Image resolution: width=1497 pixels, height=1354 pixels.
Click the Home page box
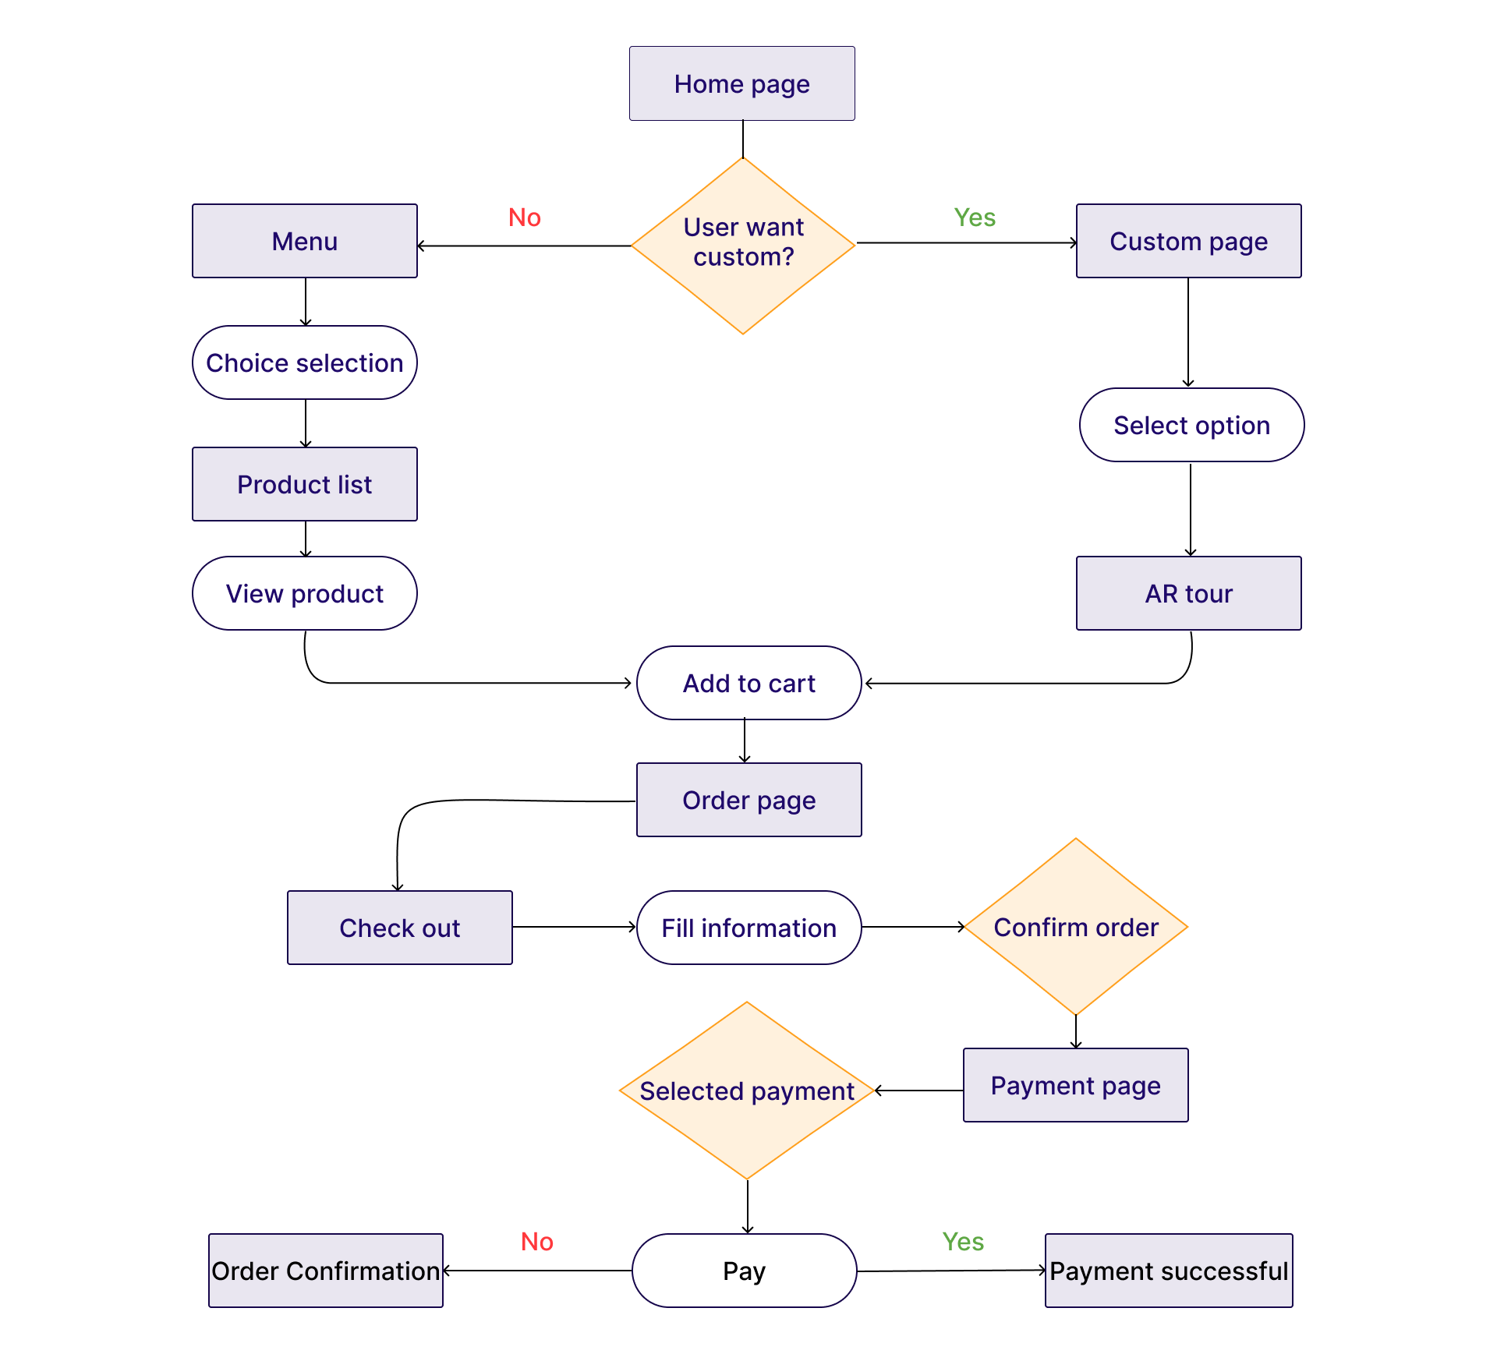742,83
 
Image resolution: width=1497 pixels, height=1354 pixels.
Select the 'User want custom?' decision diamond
743,246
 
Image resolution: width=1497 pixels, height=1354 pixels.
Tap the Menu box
305,241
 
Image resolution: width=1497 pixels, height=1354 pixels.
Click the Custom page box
1189,241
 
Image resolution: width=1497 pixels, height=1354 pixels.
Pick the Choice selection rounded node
305,362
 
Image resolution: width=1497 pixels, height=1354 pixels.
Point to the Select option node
1192,425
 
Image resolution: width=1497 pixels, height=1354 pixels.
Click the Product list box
305,484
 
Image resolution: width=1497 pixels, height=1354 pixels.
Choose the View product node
305,593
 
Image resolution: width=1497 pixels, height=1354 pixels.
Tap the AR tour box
1189,593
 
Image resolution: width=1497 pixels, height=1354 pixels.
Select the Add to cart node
749,683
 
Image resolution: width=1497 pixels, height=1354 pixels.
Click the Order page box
749,800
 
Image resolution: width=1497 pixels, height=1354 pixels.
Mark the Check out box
400,928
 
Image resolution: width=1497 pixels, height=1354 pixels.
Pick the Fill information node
749,928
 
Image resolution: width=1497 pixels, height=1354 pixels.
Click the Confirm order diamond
1076,927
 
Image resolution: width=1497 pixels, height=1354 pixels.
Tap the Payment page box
1076,1085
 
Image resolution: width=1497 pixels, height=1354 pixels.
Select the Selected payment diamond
747,1091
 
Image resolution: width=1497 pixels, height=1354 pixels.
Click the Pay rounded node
745,1271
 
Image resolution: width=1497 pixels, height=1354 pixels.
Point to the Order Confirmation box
326,1271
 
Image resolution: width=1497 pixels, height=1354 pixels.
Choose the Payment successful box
1169,1271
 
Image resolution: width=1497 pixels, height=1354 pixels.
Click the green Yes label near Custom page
975,217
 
